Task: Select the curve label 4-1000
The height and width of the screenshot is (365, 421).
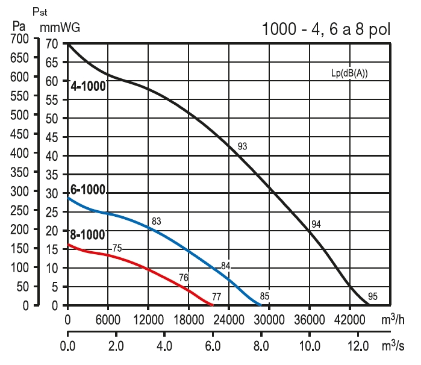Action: [x=88, y=86]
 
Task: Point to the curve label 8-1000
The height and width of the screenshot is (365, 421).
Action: [x=88, y=234]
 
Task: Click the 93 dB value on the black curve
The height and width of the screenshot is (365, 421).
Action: [x=243, y=146]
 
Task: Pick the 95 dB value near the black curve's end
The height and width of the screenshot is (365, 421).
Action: [x=373, y=296]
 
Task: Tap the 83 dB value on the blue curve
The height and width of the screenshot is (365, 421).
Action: [x=157, y=222]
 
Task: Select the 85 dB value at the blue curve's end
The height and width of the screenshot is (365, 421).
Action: [x=264, y=296]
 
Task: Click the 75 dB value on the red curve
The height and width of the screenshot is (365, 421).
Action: [x=117, y=248]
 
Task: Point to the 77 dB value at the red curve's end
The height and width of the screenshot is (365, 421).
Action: [x=217, y=296]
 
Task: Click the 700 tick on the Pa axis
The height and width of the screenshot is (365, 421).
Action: [x=20, y=39]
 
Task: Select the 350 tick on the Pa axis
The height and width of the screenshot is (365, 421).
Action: [x=20, y=172]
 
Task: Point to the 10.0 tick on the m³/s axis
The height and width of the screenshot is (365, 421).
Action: [x=310, y=348]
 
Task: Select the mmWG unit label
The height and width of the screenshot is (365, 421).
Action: [x=60, y=27]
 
